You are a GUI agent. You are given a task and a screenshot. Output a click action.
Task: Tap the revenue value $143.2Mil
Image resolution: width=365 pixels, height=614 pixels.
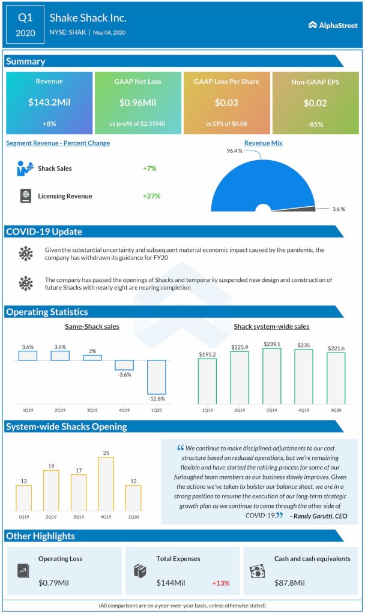click(49, 102)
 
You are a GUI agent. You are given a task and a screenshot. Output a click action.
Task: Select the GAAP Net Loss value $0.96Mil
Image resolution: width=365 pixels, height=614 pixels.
click(137, 102)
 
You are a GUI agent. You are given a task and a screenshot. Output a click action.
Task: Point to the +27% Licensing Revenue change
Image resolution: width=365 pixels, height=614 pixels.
click(151, 196)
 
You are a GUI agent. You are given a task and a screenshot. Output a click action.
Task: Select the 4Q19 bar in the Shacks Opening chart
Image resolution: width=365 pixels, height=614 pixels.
click(106, 484)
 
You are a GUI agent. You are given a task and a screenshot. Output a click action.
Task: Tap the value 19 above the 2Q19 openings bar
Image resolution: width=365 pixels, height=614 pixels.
click(51, 466)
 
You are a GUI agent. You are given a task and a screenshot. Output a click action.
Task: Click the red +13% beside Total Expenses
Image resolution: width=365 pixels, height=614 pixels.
click(220, 583)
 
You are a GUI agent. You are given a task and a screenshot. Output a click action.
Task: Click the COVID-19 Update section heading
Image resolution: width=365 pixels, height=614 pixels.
click(44, 231)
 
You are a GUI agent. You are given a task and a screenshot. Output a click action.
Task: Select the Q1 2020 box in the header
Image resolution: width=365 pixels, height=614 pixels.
click(25, 25)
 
